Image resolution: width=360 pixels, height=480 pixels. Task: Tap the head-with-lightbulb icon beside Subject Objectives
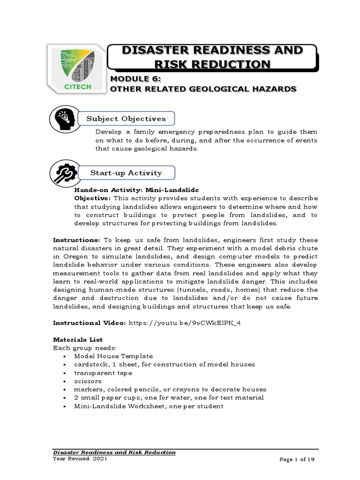(x=63, y=119)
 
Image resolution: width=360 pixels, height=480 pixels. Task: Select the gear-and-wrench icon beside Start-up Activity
(x=63, y=172)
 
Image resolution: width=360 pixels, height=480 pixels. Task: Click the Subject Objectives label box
(x=126, y=119)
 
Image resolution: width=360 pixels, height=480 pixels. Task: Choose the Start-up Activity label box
(x=126, y=173)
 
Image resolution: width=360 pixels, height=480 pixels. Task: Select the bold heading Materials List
(x=78, y=339)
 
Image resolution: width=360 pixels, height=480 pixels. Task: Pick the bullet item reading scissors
(x=88, y=381)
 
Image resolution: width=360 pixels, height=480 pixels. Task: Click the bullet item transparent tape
(x=103, y=373)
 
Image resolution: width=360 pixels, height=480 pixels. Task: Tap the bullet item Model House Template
(x=113, y=356)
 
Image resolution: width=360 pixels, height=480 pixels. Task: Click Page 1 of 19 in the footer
(x=296, y=460)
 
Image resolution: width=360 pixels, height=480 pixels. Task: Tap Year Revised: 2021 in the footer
(x=80, y=459)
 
